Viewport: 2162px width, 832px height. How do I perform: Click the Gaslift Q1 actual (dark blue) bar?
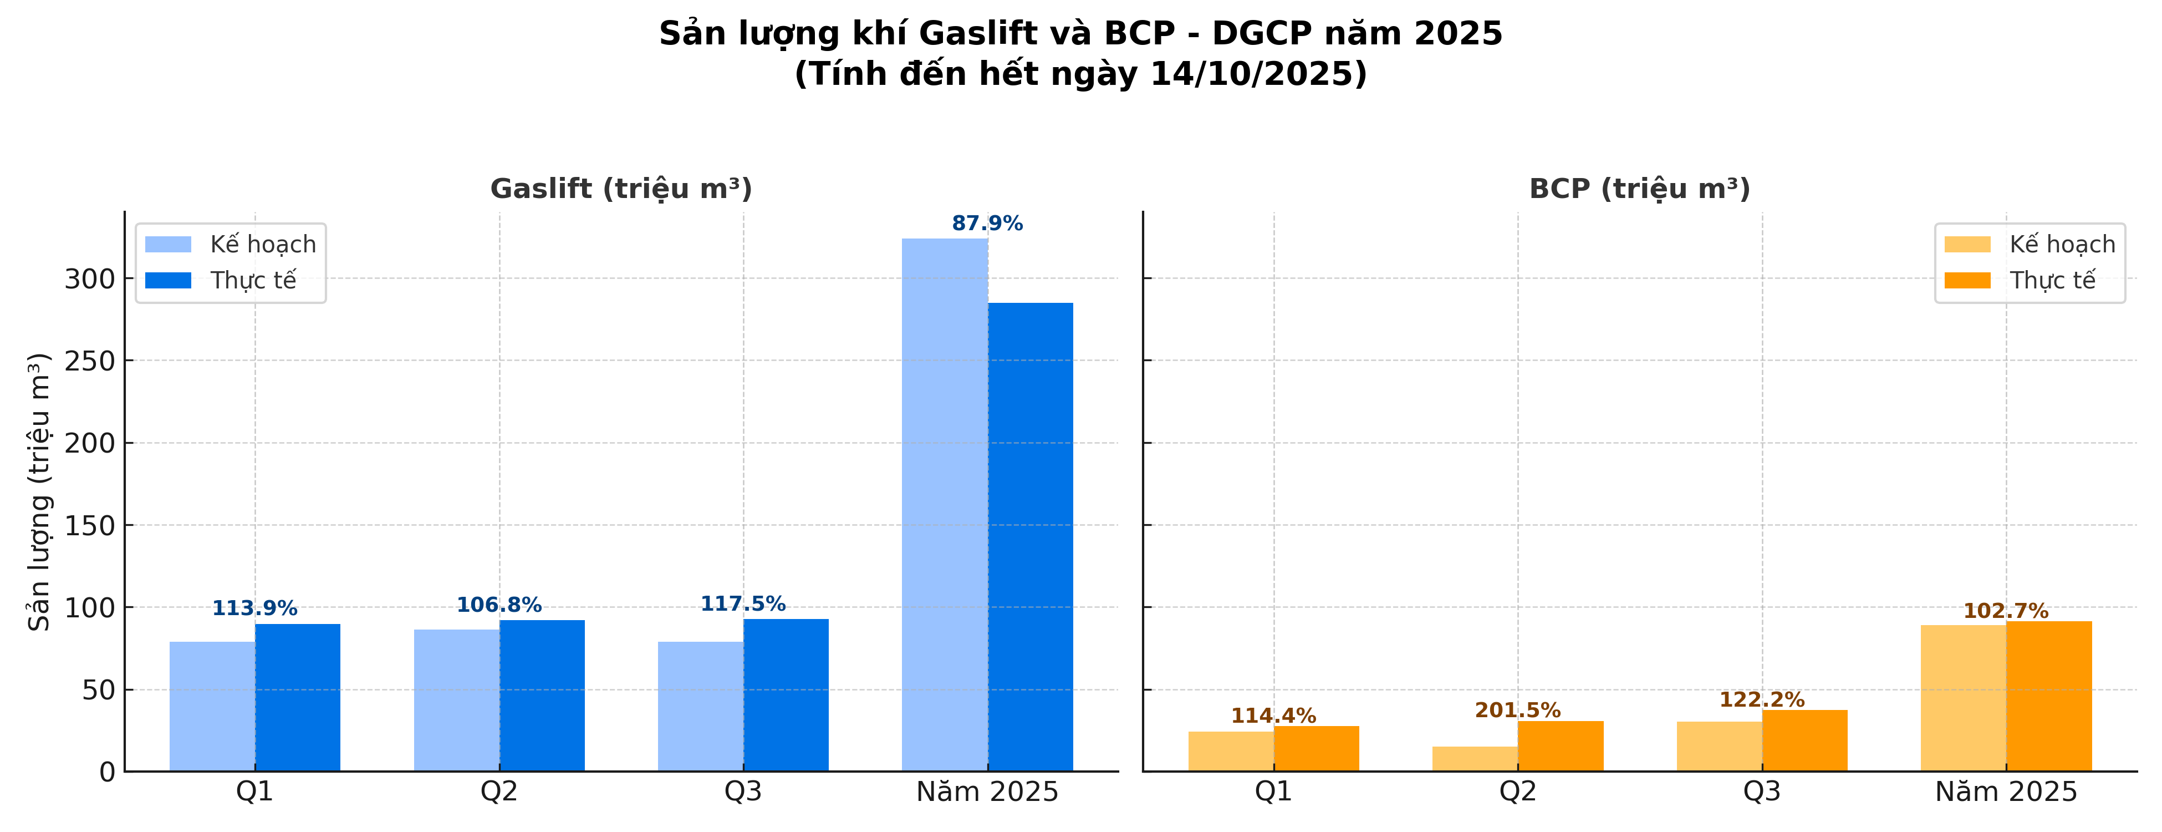[x=298, y=697]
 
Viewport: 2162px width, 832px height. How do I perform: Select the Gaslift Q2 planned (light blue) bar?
[x=457, y=700]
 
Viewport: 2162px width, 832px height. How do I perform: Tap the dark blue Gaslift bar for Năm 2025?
[x=1031, y=537]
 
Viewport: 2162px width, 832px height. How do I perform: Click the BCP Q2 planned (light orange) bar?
[x=1475, y=759]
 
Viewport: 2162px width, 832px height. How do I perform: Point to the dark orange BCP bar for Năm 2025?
[x=2049, y=696]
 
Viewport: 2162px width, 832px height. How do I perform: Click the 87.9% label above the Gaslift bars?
[x=987, y=224]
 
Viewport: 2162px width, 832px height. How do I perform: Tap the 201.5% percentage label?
[x=1517, y=711]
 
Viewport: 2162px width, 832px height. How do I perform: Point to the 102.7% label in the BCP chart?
[x=2005, y=611]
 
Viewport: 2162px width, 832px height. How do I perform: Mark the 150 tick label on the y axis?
[x=89, y=526]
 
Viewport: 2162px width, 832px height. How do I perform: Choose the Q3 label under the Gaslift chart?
[x=743, y=792]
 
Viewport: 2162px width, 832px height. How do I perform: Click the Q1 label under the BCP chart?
[x=1273, y=792]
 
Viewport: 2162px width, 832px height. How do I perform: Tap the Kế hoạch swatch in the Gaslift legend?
[x=168, y=244]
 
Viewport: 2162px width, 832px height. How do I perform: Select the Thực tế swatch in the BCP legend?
[x=1967, y=281]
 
